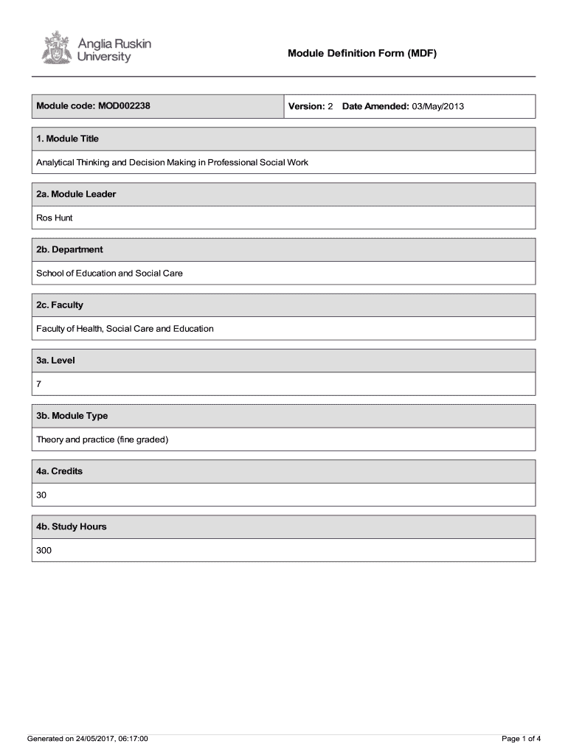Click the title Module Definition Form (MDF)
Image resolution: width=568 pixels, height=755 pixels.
click(362, 54)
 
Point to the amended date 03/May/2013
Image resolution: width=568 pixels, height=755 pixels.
click(438, 107)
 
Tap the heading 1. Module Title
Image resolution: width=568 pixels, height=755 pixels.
click(68, 139)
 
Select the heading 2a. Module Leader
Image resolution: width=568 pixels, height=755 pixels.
click(76, 194)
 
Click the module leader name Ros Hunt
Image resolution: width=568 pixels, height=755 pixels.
click(55, 218)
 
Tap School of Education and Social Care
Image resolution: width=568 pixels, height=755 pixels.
click(109, 273)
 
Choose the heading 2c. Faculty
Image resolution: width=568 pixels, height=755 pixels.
click(60, 305)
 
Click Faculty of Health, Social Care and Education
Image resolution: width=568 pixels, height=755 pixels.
click(125, 328)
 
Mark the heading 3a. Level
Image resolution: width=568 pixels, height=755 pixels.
click(55, 361)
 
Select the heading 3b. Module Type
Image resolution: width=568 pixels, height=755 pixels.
click(72, 416)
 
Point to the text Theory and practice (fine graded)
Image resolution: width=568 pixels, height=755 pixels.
click(103, 439)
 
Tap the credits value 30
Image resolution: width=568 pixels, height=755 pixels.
click(42, 495)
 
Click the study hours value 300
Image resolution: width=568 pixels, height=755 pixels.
click(44, 550)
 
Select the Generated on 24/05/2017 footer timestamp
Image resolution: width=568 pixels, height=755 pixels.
click(88, 738)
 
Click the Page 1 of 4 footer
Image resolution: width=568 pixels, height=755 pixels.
click(522, 738)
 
